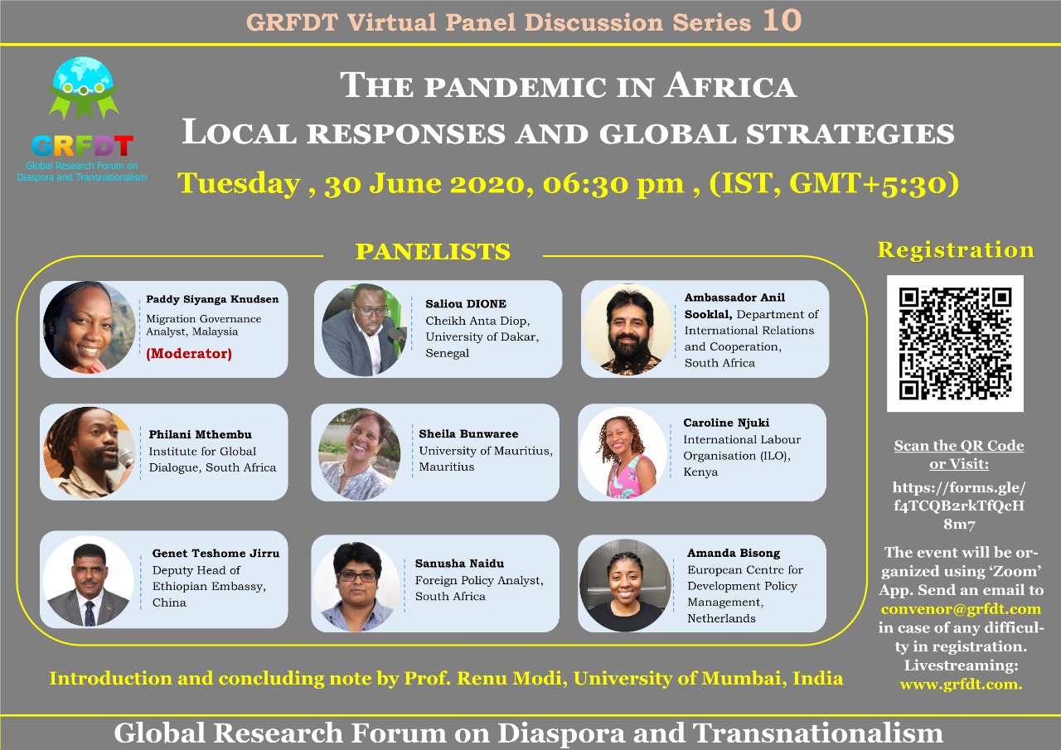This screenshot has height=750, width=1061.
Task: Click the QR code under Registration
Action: [955, 343]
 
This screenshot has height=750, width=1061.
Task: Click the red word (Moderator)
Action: [189, 353]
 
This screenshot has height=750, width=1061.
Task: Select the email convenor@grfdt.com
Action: [961, 608]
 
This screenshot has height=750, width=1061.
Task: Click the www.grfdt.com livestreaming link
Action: [961, 684]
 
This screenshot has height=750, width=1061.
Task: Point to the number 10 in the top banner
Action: [782, 21]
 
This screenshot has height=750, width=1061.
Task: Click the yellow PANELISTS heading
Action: [433, 251]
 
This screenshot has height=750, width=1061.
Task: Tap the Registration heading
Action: [956, 249]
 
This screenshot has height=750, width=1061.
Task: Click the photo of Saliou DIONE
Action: [364, 330]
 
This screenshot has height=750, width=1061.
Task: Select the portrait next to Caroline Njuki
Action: [624, 453]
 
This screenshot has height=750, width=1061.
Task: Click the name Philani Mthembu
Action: [201, 434]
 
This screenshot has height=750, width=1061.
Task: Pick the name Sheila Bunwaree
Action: [468, 433]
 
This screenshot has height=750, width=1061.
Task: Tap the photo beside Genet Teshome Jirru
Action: [89, 581]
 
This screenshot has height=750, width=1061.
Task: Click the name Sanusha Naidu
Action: [459, 564]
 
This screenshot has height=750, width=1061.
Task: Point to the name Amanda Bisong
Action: [734, 553]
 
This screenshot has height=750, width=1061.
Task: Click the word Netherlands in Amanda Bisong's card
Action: [721, 618]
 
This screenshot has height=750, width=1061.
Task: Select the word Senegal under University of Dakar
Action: [447, 353]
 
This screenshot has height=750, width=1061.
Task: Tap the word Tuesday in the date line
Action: [239, 183]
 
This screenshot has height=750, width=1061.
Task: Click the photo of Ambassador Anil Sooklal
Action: [627, 330]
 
